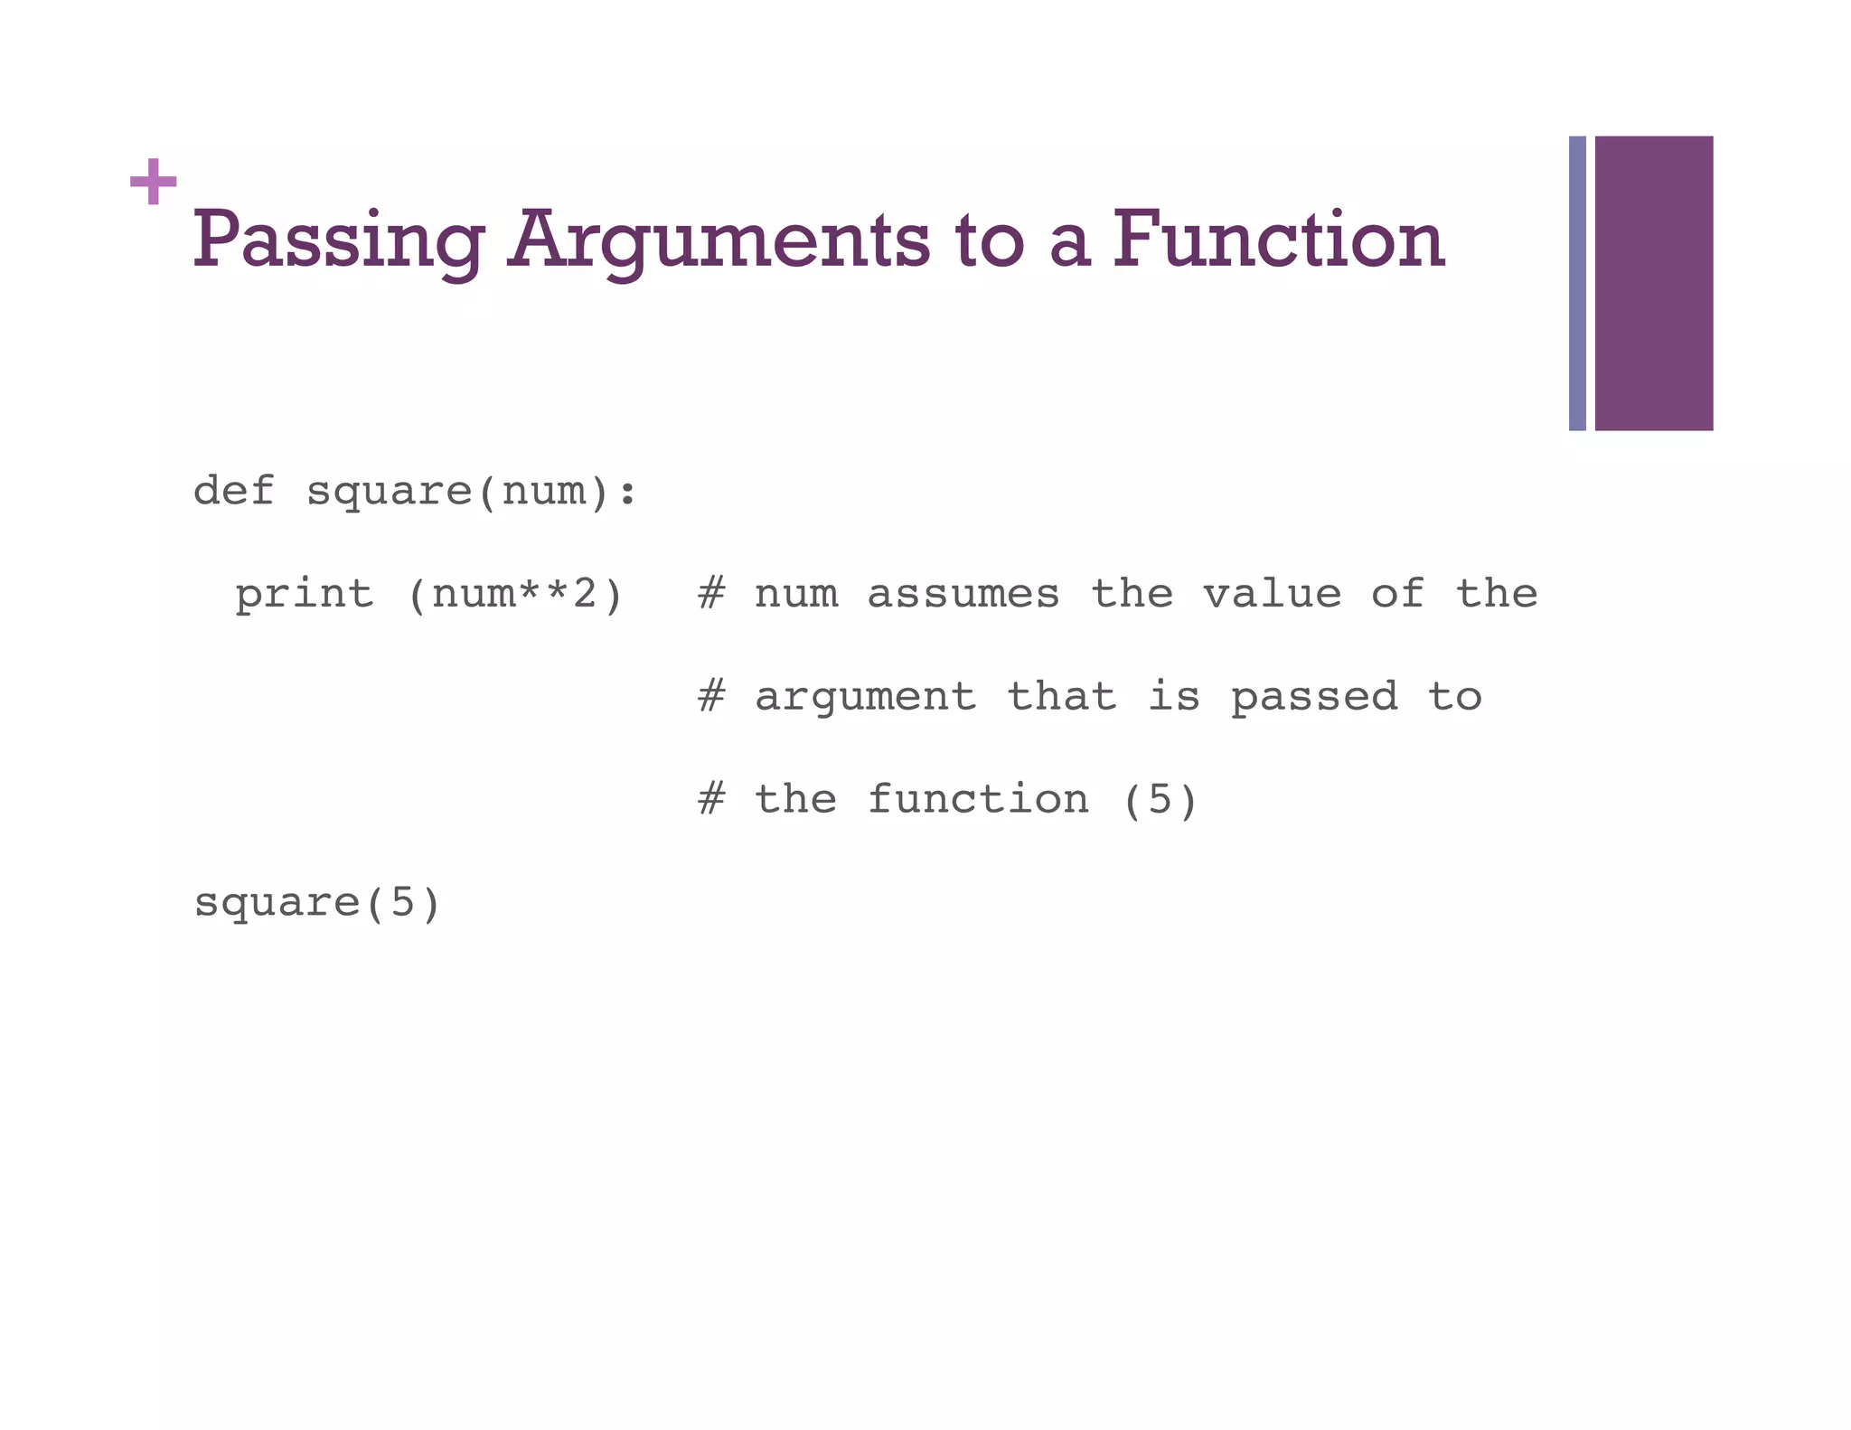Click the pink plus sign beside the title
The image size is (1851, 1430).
(x=153, y=182)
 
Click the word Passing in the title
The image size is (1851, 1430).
(x=339, y=240)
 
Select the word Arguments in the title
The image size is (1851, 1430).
(x=719, y=240)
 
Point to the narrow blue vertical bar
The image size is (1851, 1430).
(x=1577, y=283)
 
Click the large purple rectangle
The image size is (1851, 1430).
(x=1653, y=283)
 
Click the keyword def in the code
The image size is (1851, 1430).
(x=233, y=491)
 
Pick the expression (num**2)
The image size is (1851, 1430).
(x=515, y=595)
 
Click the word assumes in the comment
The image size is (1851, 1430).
(x=963, y=594)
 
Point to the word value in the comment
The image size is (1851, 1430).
(x=1272, y=594)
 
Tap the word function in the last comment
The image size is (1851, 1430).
(x=978, y=799)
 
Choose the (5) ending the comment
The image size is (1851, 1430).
(x=1160, y=800)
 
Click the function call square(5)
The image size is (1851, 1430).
(x=317, y=903)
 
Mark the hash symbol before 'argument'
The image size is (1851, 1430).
(x=711, y=697)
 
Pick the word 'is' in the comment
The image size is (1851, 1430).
(x=1173, y=697)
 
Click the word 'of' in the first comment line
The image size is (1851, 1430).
(x=1397, y=594)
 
